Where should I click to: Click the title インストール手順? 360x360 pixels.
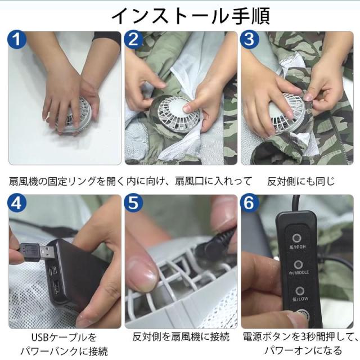[190, 16]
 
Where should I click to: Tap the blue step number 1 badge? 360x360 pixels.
[17, 39]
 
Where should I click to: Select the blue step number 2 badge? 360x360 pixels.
[133, 39]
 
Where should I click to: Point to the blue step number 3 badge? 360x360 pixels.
[249, 39]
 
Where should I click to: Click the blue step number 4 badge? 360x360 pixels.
[17, 203]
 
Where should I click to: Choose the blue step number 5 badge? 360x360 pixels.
[133, 203]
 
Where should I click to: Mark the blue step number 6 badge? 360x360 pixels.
[249, 203]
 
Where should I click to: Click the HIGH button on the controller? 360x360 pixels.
[297, 238]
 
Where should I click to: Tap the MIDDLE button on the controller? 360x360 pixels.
[298, 264]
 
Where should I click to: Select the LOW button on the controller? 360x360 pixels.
[299, 291]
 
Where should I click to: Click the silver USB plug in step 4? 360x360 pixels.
[47, 253]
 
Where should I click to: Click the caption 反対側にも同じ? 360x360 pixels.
[301, 181]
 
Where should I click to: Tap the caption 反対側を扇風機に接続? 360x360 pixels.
[181, 337]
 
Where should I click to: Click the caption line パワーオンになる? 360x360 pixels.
[303, 350]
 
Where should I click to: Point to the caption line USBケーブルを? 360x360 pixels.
[64, 337]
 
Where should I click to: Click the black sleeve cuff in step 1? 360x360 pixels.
[107, 38]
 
